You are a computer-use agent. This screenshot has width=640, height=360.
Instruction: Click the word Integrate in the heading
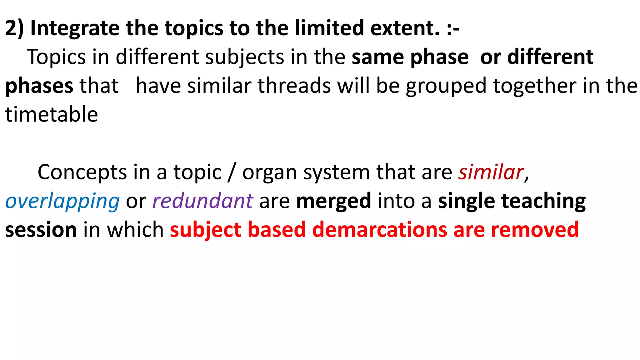(75, 28)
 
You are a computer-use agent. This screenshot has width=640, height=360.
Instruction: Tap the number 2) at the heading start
(14, 28)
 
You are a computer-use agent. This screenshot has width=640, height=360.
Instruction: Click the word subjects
(245, 57)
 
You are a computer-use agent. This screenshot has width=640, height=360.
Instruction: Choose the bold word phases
(39, 86)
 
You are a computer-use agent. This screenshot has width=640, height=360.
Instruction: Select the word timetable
(52, 114)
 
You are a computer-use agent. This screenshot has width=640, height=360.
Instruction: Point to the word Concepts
(82, 172)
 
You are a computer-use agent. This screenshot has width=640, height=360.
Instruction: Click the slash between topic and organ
(232, 172)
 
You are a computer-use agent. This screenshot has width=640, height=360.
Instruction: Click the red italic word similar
(491, 172)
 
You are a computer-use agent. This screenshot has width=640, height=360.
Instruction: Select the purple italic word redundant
(202, 201)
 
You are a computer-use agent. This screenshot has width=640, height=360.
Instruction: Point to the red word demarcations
(380, 230)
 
